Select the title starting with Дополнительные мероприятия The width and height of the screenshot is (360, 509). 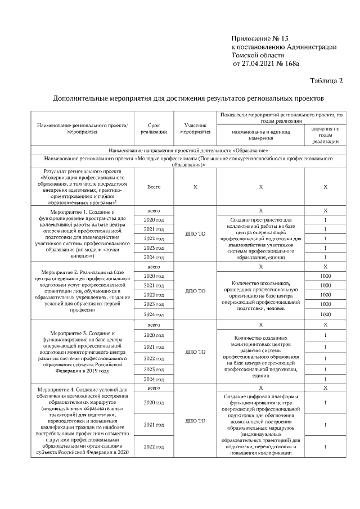(188, 98)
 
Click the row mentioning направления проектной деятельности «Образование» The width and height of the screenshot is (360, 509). (188, 150)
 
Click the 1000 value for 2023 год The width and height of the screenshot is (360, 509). (326, 304)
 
